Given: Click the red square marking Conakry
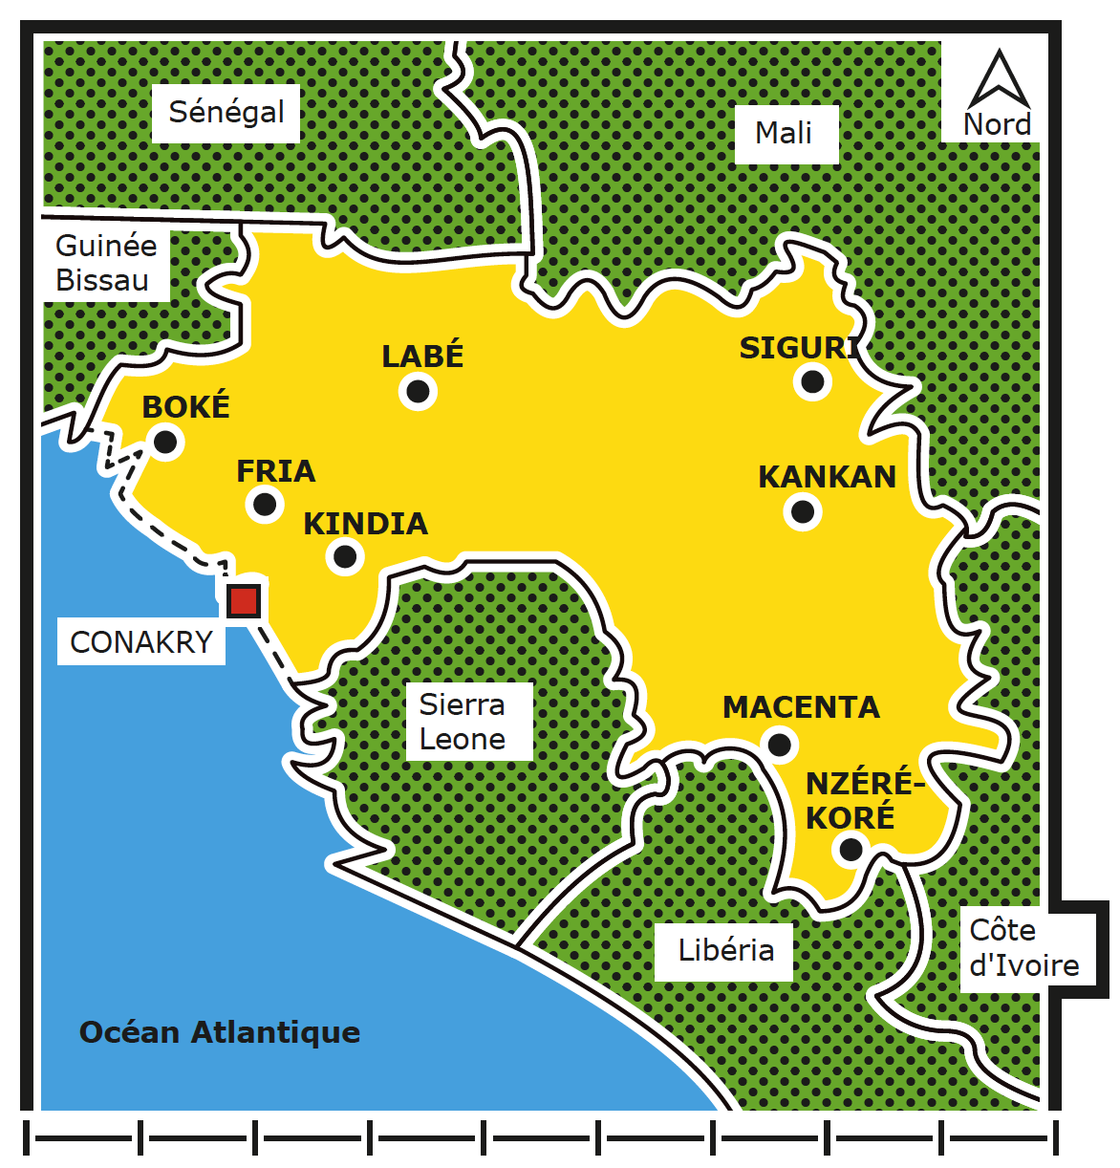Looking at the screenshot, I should [x=244, y=601].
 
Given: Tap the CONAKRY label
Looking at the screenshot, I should [x=141, y=642].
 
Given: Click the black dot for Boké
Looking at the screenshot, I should [x=165, y=442].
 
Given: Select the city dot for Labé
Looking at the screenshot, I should [x=418, y=390].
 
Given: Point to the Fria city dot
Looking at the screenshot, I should [x=265, y=503].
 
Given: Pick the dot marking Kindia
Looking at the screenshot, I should [x=345, y=555].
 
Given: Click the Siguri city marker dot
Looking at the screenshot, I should [x=812, y=381].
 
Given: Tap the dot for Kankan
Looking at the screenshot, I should [x=803, y=511].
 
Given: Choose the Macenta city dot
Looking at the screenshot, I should [x=780, y=744].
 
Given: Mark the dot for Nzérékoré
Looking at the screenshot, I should [x=850, y=848].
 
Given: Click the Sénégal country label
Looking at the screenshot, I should [x=226, y=113].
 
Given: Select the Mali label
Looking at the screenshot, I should [x=785, y=133].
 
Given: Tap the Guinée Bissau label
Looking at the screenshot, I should [x=104, y=263].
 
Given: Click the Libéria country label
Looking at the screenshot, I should [x=725, y=950].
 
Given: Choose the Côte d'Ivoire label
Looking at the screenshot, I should [x=1023, y=948].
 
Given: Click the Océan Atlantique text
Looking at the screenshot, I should [x=220, y=1032].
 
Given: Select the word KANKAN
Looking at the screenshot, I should [x=827, y=477].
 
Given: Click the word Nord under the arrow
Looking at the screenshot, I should [x=997, y=125].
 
